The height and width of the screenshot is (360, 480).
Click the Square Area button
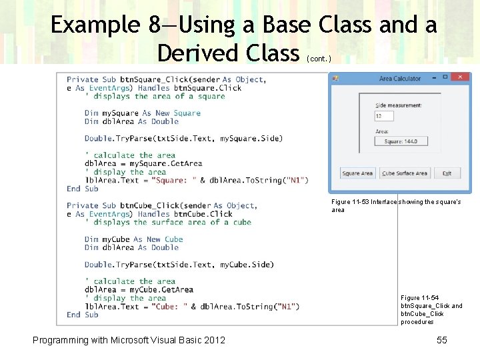[x=357, y=173]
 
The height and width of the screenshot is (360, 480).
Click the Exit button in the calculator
[x=447, y=173]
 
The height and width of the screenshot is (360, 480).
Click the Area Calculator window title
[x=400, y=79]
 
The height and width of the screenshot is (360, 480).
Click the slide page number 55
[x=441, y=340]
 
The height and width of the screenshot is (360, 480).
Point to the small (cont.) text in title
[x=319, y=59]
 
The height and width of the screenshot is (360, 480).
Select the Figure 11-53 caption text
[x=395, y=205]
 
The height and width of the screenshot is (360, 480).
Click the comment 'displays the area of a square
[x=155, y=96]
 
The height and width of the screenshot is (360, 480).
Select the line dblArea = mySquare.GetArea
[x=143, y=163]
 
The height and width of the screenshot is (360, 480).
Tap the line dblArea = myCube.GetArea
[x=139, y=289]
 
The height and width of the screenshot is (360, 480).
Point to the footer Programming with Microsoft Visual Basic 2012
[x=129, y=340]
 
